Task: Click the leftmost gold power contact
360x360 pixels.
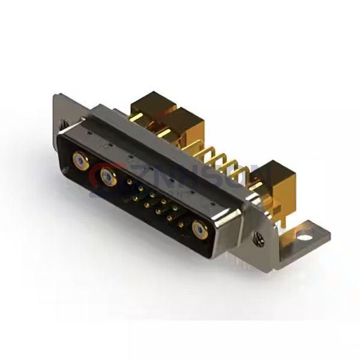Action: point(78,160)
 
